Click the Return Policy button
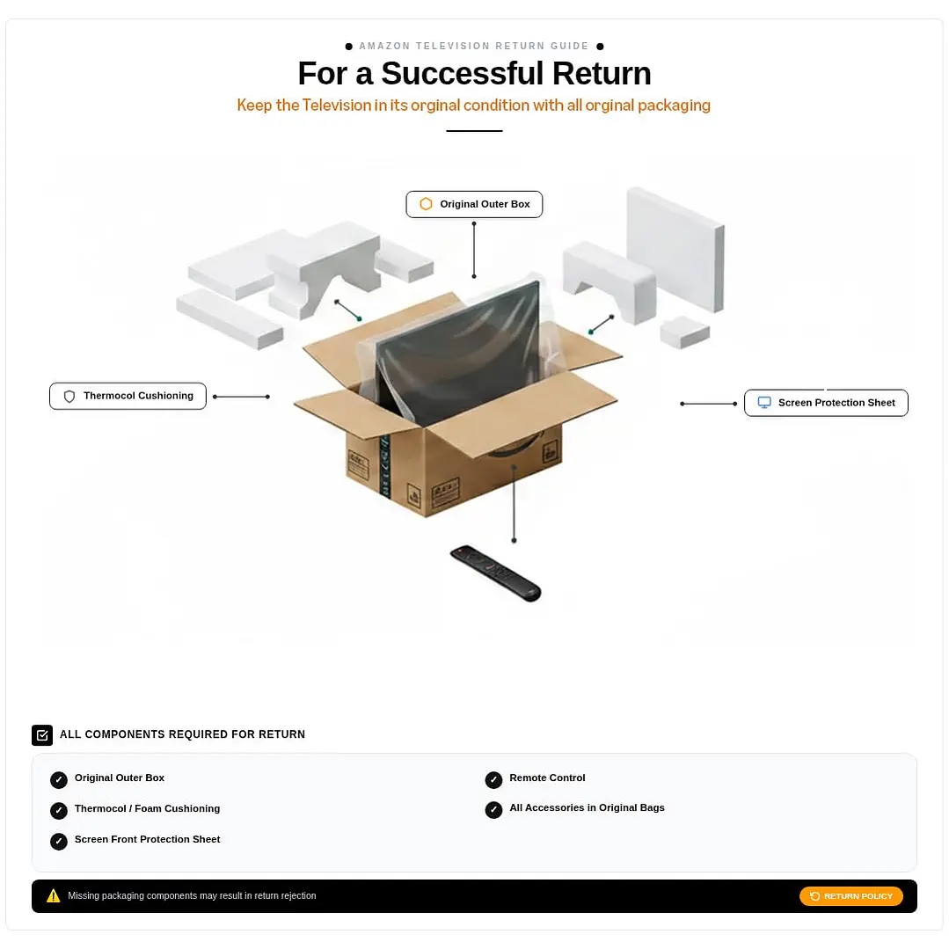(851, 895)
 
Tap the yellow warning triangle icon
(54, 895)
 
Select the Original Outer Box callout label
(474, 205)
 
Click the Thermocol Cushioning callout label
(128, 396)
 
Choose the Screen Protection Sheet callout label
(826, 403)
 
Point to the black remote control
(495, 573)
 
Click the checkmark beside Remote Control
(494, 779)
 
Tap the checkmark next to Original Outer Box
(59, 779)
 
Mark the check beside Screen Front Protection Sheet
(59, 842)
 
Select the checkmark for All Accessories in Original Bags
(494, 810)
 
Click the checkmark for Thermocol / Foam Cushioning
(59, 810)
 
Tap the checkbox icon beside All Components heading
(42, 735)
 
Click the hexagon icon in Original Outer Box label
(426, 205)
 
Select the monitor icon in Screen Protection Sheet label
(764, 403)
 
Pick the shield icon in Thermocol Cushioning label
(69, 397)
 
